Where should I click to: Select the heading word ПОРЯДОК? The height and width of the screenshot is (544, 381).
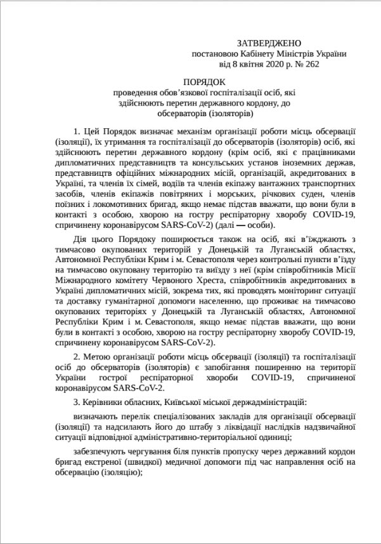pos(204,83)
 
